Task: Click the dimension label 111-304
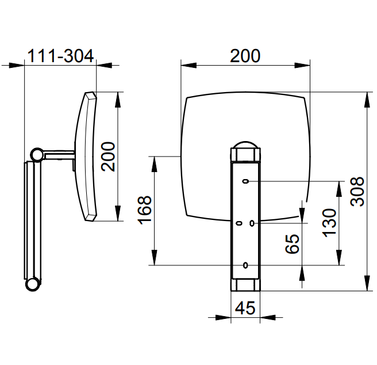[60, 56]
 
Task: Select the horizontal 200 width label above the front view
[245, 56]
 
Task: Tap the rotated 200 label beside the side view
[108, 157]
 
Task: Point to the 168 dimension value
[144, 210]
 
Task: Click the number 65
[292, 244]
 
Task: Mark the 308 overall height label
[357, 192]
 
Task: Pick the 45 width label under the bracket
[245, 307]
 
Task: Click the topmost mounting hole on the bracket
[245, 181]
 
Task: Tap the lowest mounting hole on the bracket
[245, 265]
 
